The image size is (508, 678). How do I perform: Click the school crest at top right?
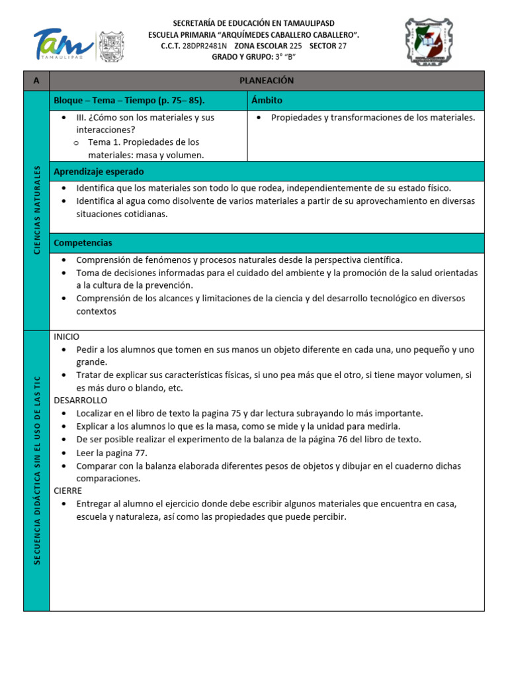pyautogui.click(x=429, y=42)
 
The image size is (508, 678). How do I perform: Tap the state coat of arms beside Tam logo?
pyautogui.click(x=112, y=46)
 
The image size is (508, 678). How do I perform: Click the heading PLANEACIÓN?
pyautogui.click(x=267, y=81)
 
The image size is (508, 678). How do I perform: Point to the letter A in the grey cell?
pyautogui.click(x=36, y=81)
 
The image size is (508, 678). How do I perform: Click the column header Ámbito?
pyautogui.click(x=267, y=101)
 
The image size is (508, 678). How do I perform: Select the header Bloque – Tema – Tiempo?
pyautogui.click(x=129, y=101)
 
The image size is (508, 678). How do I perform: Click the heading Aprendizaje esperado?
pyautogui.click(x=99, y=171)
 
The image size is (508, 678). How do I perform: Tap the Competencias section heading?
pyautogui.click(x=83, y=243)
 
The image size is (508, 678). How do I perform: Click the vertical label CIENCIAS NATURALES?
pyautogui.click(x=37, y=210)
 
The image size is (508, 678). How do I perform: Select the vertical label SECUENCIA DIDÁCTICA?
pyautogui.click(x=37, y=470)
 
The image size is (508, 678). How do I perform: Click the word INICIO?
pyautogui.click(x=67, y=336)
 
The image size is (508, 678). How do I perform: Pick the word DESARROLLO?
pyautogui.click(x=81, y=400)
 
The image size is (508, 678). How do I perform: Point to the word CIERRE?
pyautogui.click(x=68, y=491)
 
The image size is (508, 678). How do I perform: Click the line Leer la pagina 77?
pyautogui.click(x=112, y=453)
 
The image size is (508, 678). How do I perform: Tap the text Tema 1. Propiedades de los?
pyautogui.click(x=144, y=142)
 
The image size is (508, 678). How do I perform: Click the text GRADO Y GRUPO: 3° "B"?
pyautogui.click(x=253, y=57)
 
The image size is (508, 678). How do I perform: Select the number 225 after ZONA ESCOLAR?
pyautogui.click(x=296, y=46)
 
